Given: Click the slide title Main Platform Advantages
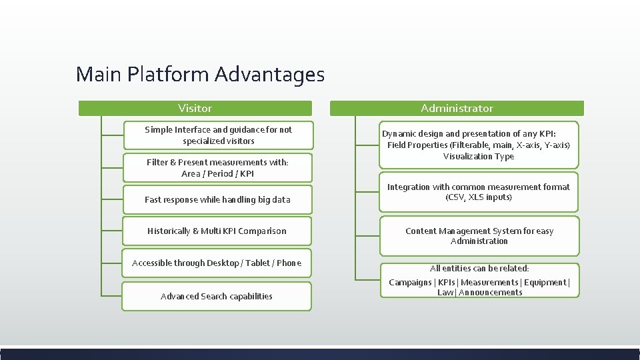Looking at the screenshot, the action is click(x=200, y=74).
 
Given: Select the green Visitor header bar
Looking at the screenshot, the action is click(x=195, y=108).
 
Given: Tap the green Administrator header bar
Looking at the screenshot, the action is click(x=457, y=108).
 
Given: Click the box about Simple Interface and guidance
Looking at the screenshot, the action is click(x=218, y=135).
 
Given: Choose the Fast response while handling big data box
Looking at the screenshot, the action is click(x=217, y=199).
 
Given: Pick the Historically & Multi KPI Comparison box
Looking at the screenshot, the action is click(x=217, y=231).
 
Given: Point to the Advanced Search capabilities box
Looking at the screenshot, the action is click(x=217, y=296).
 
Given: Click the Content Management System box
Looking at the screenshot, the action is click(x=479, y=236).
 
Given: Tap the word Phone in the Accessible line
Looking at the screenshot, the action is click(x=289, y=263).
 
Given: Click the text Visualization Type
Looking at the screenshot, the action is click(x=479, y=156).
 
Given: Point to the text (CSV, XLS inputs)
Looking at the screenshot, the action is click(x=479, y=197).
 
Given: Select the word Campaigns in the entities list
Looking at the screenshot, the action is click(x=410, y=282).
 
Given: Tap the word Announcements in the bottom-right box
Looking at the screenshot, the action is click(x=491, y=292).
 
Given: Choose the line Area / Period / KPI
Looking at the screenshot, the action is click(x=217, y=173).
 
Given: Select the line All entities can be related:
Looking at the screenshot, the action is click(x=479, y=268).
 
